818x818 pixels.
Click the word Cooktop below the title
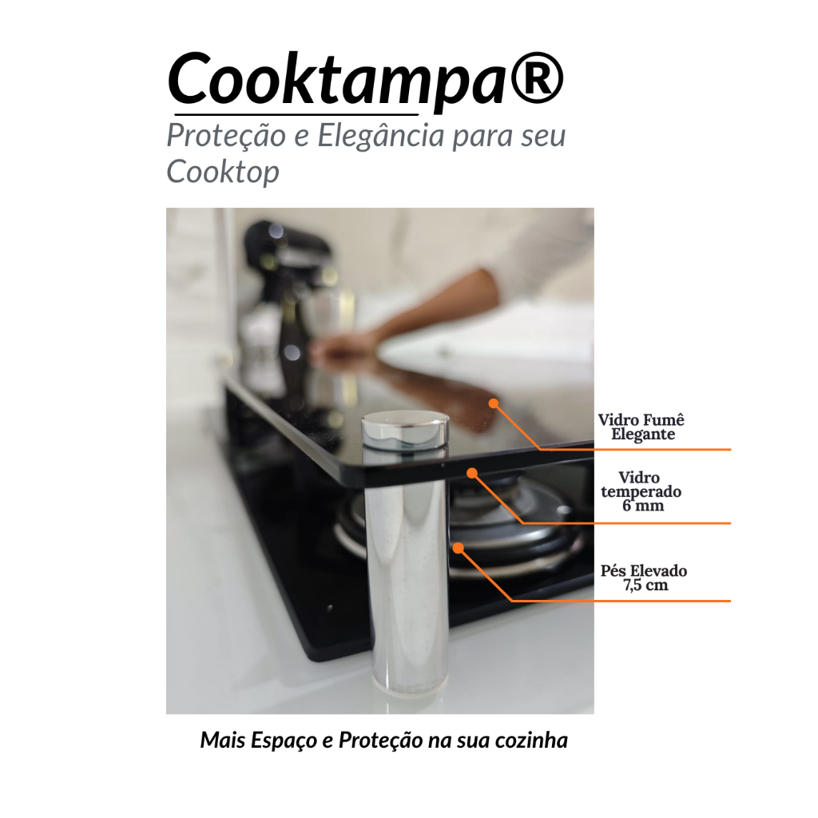[x=223, y=172]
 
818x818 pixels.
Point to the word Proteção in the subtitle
[x=226, y=136]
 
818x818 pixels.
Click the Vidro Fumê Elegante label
[x=641, y=427]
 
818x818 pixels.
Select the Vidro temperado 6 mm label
[x=641, y=491]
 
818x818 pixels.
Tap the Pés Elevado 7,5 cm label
[x=644, y=578]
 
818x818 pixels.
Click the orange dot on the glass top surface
[x=494, y=403]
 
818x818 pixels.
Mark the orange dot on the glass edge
[x=472, y=473]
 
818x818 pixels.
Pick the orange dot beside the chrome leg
[x=458, y=548]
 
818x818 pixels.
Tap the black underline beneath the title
[x=296, y=114]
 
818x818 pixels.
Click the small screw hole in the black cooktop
[x=330, y=608]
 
